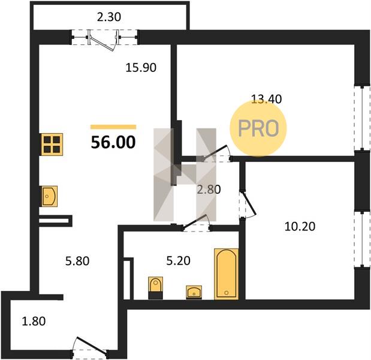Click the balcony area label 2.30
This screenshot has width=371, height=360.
click(109, 17)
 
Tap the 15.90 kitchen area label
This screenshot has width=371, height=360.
click(141, 68)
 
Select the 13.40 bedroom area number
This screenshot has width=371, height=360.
click(266, 99)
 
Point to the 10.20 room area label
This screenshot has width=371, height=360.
click(300, 226)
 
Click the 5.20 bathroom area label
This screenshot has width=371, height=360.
click(179, 261)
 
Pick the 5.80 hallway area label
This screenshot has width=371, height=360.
click(77, 261)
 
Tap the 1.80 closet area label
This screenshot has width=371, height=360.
click(34, 322)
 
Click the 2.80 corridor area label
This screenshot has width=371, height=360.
click(209, 190)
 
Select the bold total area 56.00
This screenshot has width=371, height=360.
click(113, 142)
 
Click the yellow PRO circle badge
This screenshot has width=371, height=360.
click(258, 128)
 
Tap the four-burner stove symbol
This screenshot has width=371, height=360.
click(52, 145)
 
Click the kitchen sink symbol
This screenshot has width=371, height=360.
click(50, 196)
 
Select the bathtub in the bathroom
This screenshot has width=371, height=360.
click(226, 274)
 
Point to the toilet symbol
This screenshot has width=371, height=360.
click(155, 287)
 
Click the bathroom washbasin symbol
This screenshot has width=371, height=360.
click(194, 292)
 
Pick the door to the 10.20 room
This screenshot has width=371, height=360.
click(248, 205)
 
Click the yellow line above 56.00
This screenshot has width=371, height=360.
click(113, 127)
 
